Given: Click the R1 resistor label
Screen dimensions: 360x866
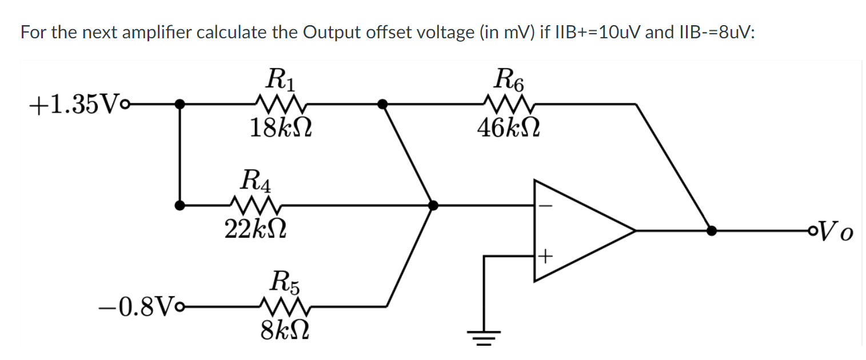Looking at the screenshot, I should (280, 79).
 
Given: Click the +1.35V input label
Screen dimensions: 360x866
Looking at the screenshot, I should (67, 105).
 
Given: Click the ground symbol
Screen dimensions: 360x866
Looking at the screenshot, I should (484, 337).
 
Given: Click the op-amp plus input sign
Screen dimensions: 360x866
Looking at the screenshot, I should (545, 257).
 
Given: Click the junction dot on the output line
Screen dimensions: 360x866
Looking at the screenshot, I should (711, 231).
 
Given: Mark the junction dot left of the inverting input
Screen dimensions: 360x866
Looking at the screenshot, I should (433, 205).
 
